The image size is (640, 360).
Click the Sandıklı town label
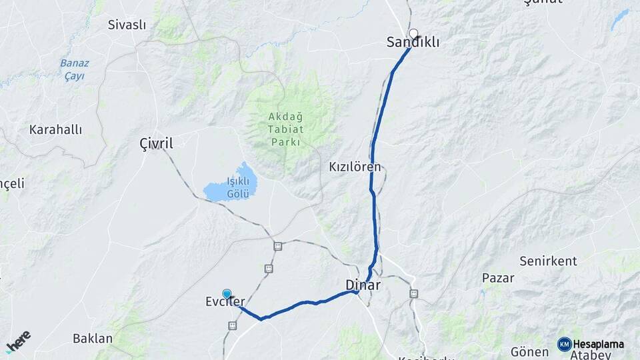pos(413,43)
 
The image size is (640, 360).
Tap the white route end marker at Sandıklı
pos(413,33)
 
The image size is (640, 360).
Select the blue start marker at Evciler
pos(227,293)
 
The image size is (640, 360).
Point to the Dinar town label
pos(363,285)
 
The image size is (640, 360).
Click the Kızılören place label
pos(355,167)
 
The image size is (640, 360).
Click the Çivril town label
pos(156,143)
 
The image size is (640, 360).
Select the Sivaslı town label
pos(127,25)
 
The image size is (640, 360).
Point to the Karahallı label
pos(55,129)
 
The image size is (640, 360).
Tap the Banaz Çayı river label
pos(74,69)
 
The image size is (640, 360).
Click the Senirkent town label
pos(548,261)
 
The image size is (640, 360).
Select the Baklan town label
pos(93,338)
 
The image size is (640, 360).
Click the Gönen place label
pos(529,351)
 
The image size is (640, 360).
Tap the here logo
pos(18,341)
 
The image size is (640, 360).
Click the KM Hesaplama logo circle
pos(565,344)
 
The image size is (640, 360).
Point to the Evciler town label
pos(225,302)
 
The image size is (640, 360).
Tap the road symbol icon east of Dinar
pos(413,293)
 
